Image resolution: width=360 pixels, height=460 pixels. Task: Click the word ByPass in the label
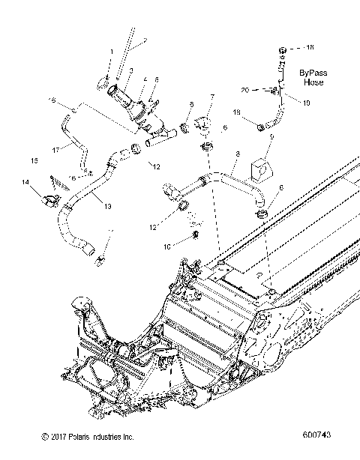coord(313,73)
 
